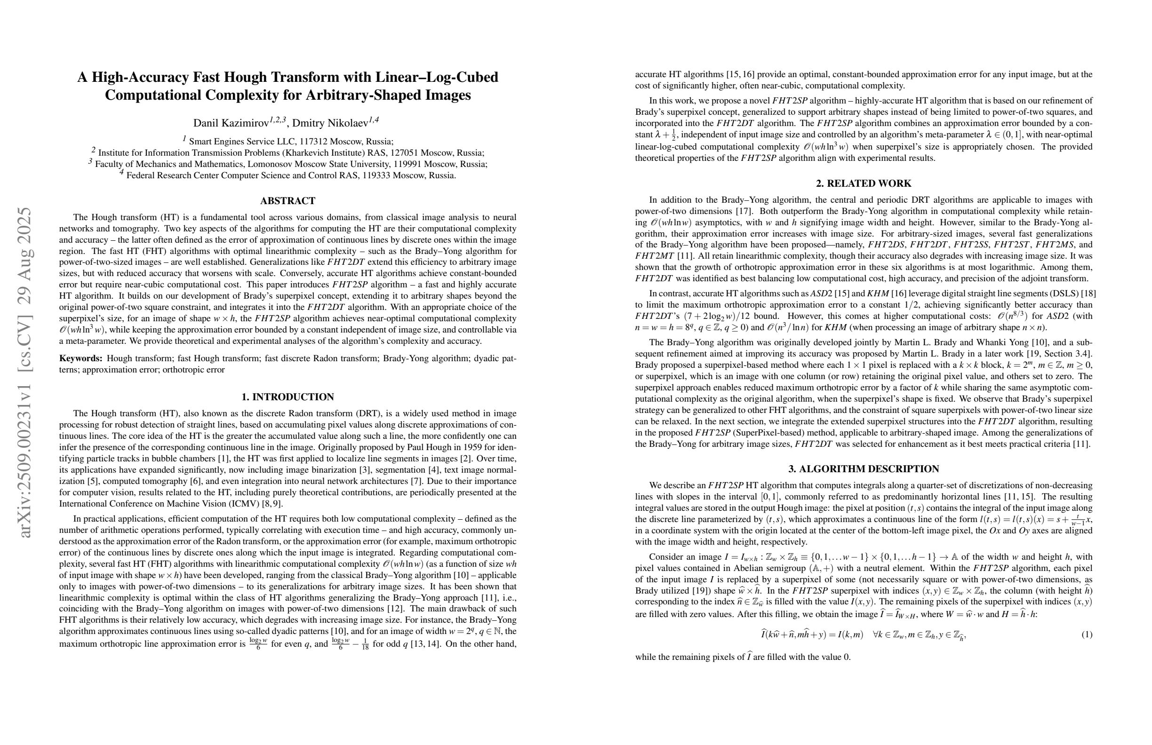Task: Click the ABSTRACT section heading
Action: [288, 201]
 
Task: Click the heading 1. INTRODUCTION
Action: [288, 397]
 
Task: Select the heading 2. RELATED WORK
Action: [864, 184]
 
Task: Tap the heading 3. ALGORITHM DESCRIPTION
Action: [864, 469]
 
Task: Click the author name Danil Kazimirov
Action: [231, 123]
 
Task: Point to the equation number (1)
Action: [1086, 634]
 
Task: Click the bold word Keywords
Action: [80, 358]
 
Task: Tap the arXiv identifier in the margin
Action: [25, 372]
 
